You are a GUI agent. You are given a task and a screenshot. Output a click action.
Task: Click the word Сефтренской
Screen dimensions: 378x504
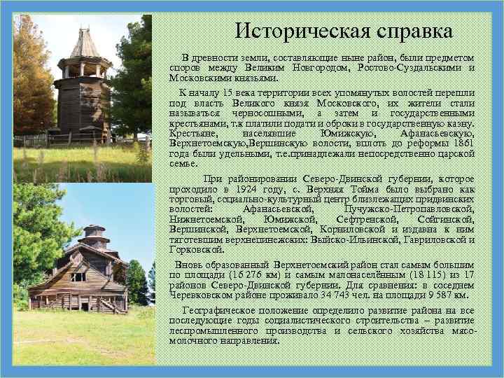(360, 218)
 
